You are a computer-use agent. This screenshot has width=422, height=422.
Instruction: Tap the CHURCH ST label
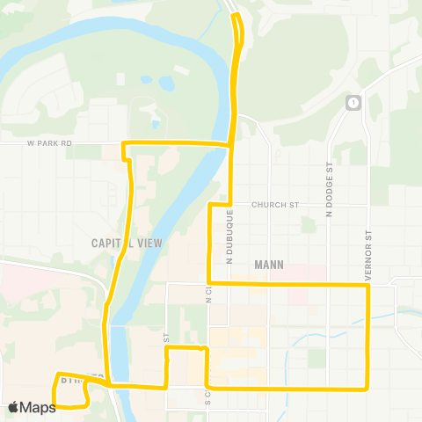275,205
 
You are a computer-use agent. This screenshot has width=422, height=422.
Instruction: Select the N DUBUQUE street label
229,236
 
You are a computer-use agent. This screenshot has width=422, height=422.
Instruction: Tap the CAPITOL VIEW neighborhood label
127,243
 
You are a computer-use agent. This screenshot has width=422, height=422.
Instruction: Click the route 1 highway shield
353,102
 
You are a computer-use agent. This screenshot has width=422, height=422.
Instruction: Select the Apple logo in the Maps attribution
13,407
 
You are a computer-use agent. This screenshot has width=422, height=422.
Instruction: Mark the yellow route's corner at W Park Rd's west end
123,142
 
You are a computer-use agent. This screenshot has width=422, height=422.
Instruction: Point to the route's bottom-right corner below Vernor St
367,388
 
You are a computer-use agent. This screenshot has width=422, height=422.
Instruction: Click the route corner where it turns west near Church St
209,205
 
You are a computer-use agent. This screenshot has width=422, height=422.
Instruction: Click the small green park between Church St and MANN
307,224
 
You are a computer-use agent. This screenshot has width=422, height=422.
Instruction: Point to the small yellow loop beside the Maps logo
71,392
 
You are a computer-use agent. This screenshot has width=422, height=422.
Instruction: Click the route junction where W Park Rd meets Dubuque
230,143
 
